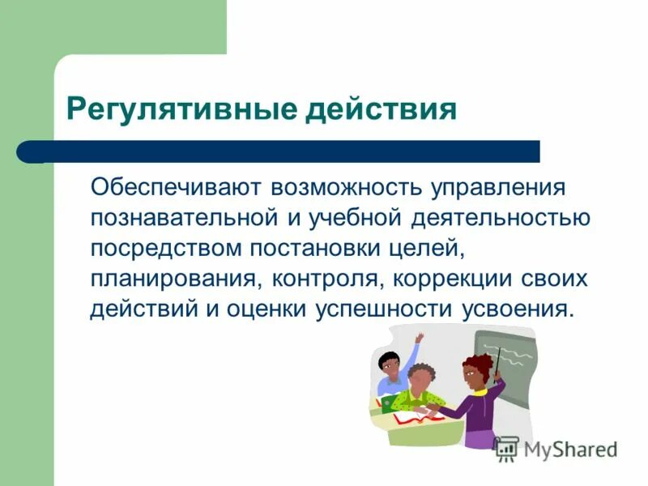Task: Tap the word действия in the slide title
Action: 380,109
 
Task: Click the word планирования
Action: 170,279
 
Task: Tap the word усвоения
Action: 515,309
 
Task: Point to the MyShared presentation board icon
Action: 506,448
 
